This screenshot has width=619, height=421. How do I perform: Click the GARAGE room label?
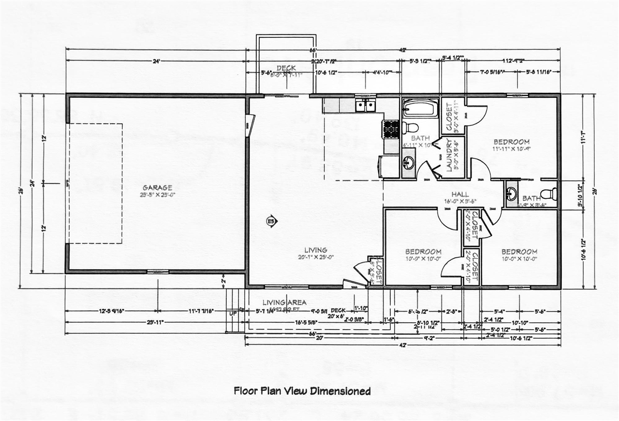pos(158,187)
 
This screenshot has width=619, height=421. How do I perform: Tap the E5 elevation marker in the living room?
pos(272,221)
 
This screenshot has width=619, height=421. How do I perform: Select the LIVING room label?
pos(315,250)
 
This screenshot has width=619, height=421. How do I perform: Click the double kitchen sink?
pos(365,105)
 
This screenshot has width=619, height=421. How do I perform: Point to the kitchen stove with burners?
pos(391,129)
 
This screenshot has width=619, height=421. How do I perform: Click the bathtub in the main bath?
pos(420,107)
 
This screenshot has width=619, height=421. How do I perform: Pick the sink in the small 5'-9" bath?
pos(511,194)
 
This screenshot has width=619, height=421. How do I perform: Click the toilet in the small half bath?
pos(547,195)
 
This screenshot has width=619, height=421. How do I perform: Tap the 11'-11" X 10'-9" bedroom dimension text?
pos(511,149)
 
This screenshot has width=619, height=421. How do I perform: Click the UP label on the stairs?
pos(233,313)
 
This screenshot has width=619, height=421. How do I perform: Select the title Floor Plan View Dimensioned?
pos(302,391)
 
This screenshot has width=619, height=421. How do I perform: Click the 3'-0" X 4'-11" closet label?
pos(453,117)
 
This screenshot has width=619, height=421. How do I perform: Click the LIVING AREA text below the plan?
pos(278,302)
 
